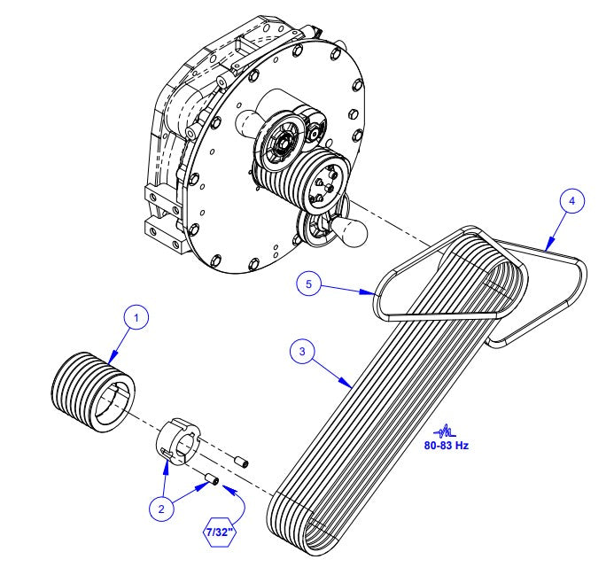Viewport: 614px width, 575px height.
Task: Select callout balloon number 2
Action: (159, 509)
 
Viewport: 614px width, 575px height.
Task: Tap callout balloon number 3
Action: (301, 352)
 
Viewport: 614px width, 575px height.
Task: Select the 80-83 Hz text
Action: (448, 445)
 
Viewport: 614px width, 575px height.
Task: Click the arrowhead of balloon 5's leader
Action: (376, 292)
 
